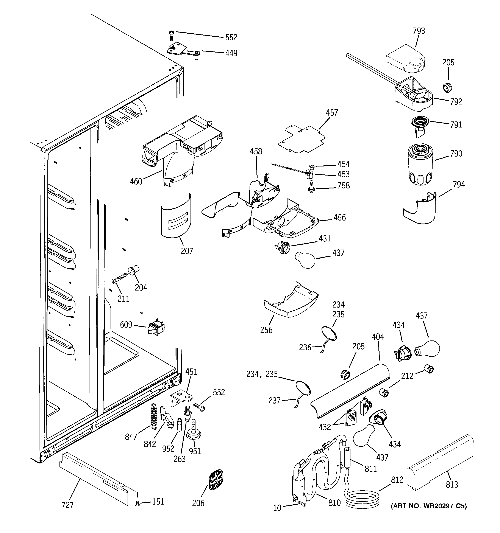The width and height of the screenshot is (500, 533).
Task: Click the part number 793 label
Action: point(419,31)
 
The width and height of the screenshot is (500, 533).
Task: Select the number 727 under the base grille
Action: point(67,505)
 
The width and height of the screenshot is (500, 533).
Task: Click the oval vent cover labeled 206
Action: point(216,480)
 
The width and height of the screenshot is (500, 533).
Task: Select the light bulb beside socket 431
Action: point(305,259)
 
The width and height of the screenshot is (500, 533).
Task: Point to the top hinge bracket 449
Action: point(183,50)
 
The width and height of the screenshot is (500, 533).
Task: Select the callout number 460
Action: point(136,182)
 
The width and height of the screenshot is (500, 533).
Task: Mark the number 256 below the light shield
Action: point(266,330)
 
